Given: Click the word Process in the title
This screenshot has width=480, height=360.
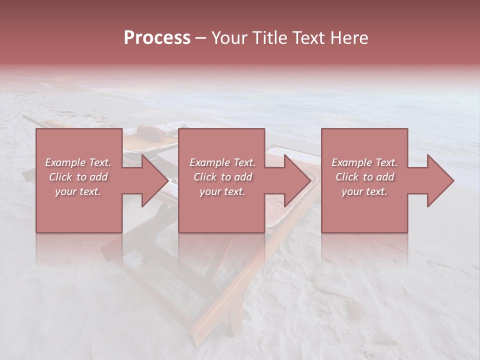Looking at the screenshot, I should (157, 38).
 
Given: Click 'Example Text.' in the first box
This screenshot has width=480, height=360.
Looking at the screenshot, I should (78, 162).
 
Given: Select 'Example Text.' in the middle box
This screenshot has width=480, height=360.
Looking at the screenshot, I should (222, 162).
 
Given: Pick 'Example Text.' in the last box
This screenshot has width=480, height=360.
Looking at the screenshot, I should (364, 162).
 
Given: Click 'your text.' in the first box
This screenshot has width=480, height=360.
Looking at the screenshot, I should (78, 191).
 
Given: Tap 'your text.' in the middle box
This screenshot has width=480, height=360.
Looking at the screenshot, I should (222, 191).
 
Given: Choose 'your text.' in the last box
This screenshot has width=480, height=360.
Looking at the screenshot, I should (364, 191).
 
